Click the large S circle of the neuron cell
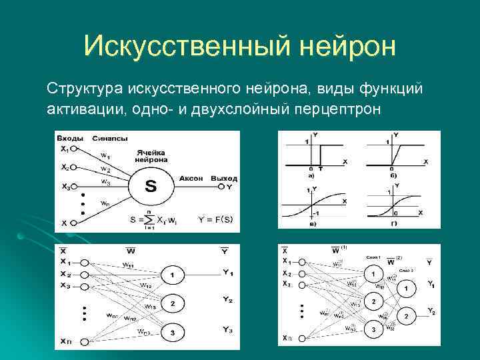[151, 187]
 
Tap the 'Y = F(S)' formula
[215, 219]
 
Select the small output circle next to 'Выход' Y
[221, 187]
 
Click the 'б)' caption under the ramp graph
[394, 176]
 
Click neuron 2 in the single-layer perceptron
[172, 303]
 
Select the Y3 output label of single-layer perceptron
[228, 330]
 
